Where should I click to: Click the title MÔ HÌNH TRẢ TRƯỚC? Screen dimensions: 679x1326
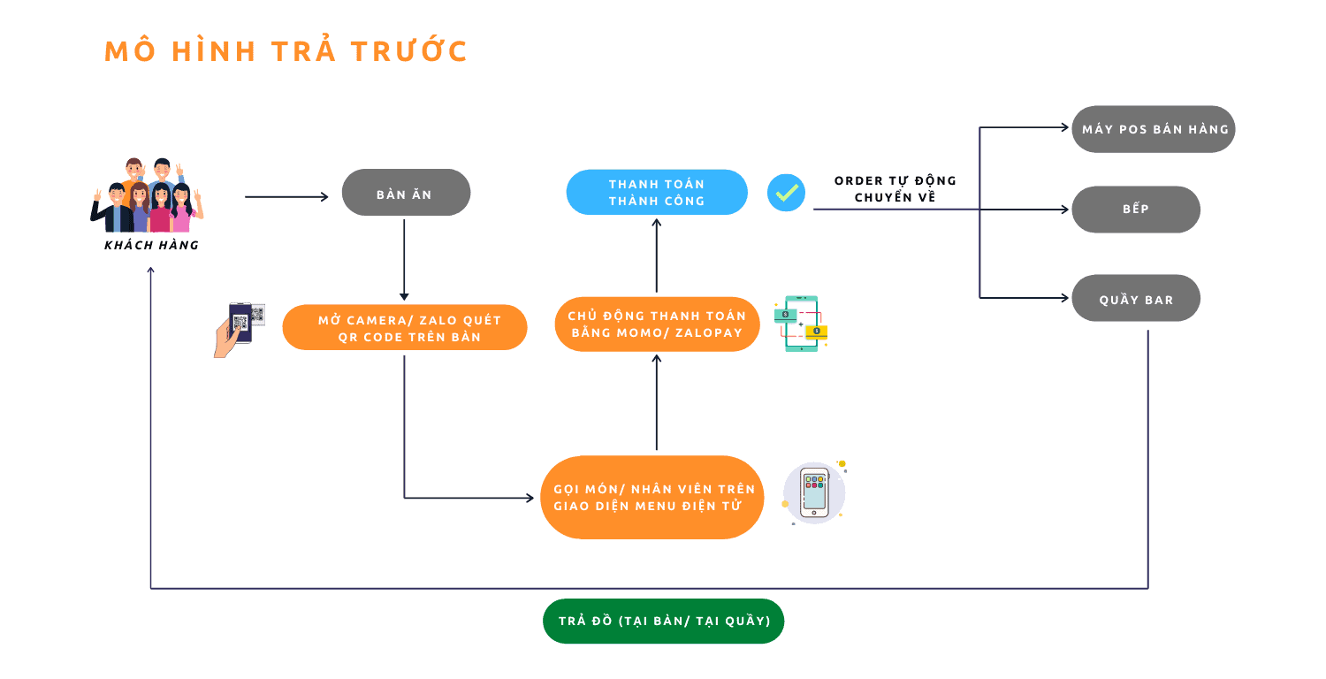pyautogui.click(x=286, y=51)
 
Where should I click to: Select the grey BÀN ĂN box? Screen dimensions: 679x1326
pyautogui.click(x=406, y=193)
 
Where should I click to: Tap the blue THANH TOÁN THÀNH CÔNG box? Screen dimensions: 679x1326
pyautogui.click(x=656, y=192)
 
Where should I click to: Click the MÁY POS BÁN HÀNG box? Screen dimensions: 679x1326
pyautogui.click(x=1154, y=129)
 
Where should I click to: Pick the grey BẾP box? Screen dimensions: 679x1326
pyautogui.click(x=1136, y=210)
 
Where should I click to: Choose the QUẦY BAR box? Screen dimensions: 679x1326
pyautogui.click(x=1136, y=299)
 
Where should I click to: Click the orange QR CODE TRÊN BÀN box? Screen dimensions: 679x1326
pyautogui.click(x=405, y=328)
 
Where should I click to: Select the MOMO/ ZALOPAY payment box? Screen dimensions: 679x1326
pyautogui.click(x=657, y=324)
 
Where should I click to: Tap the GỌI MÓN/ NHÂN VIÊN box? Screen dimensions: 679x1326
pyautogui.click(x=652, y=497)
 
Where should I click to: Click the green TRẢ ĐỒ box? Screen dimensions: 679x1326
pyautogui.click(x=663, y=621)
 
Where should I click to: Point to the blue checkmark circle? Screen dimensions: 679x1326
pyautogui.click(x=786, y=192)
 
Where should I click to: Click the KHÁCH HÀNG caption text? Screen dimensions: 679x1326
pyautogui.click(x=151, y=245)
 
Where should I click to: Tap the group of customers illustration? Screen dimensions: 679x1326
pyautogui.click(x=148, y=196)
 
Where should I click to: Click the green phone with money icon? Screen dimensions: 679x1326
pyautogui.click(x=801, y=324)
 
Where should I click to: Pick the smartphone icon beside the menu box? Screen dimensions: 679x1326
pyautogui.click(x=814, y=492)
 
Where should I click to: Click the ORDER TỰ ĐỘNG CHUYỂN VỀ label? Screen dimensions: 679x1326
pyautogui.click(x=895, y=189)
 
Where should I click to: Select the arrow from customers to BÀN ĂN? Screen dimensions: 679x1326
pyautogui.click(x=286, y=196)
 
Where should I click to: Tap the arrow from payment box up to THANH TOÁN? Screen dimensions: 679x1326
pyautogui.click(x=656, y=256)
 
